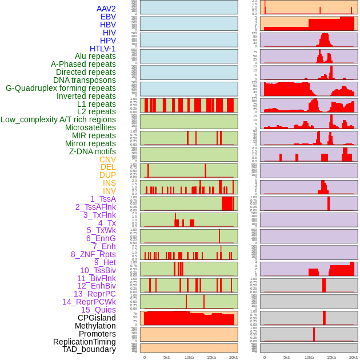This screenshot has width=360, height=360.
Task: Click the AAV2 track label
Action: click(106, 9)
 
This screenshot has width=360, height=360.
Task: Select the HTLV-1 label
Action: click(102, 49)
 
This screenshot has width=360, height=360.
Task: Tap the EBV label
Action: click(108, 17)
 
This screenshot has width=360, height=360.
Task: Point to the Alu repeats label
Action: click(95, 56)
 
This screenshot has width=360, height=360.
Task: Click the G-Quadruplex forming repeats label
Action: click(61, 88)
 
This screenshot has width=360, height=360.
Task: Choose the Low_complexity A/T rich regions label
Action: click(58, 119)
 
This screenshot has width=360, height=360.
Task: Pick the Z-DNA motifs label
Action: click(92, 151)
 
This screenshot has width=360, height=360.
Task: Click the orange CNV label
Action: click(107, 159)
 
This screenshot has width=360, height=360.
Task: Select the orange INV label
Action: click(109, 191)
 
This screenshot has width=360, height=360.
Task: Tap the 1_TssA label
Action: click(103, 199)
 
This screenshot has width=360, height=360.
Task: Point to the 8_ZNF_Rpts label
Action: click(93, 254)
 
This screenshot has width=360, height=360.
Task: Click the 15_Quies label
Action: click(98, 310)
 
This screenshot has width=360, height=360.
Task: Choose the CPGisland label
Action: click(97, 318)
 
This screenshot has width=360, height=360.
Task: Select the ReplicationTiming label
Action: click(84, 342)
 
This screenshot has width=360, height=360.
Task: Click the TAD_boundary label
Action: click(89, 349)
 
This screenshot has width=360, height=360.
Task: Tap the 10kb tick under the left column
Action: click(189, 357)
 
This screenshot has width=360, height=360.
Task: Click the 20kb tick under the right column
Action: click(354, 357)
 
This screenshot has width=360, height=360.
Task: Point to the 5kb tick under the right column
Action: click(287, 357)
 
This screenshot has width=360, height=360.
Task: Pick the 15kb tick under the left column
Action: click(211, 357)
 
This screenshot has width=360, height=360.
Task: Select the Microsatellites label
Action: click(90, 127)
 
